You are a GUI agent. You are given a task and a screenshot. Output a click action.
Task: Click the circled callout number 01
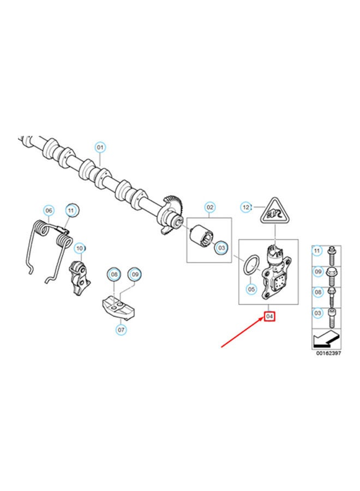tap(100, 147)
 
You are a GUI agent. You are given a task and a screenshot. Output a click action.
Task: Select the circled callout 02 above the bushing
tap(209, 207)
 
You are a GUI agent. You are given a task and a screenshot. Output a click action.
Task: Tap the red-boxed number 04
tap(269, 316)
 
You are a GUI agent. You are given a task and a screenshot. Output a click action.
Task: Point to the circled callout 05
tap(251, 288)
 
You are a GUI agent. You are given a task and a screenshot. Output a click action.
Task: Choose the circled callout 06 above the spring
tap(48, 210)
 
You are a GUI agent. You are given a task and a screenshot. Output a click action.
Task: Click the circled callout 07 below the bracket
tap(121, 330)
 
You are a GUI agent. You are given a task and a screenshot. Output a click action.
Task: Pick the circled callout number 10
tap(79, 248)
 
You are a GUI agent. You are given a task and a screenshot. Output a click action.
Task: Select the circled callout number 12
tap(246, 207)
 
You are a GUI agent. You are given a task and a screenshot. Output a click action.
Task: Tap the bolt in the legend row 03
tap(332, 316)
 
